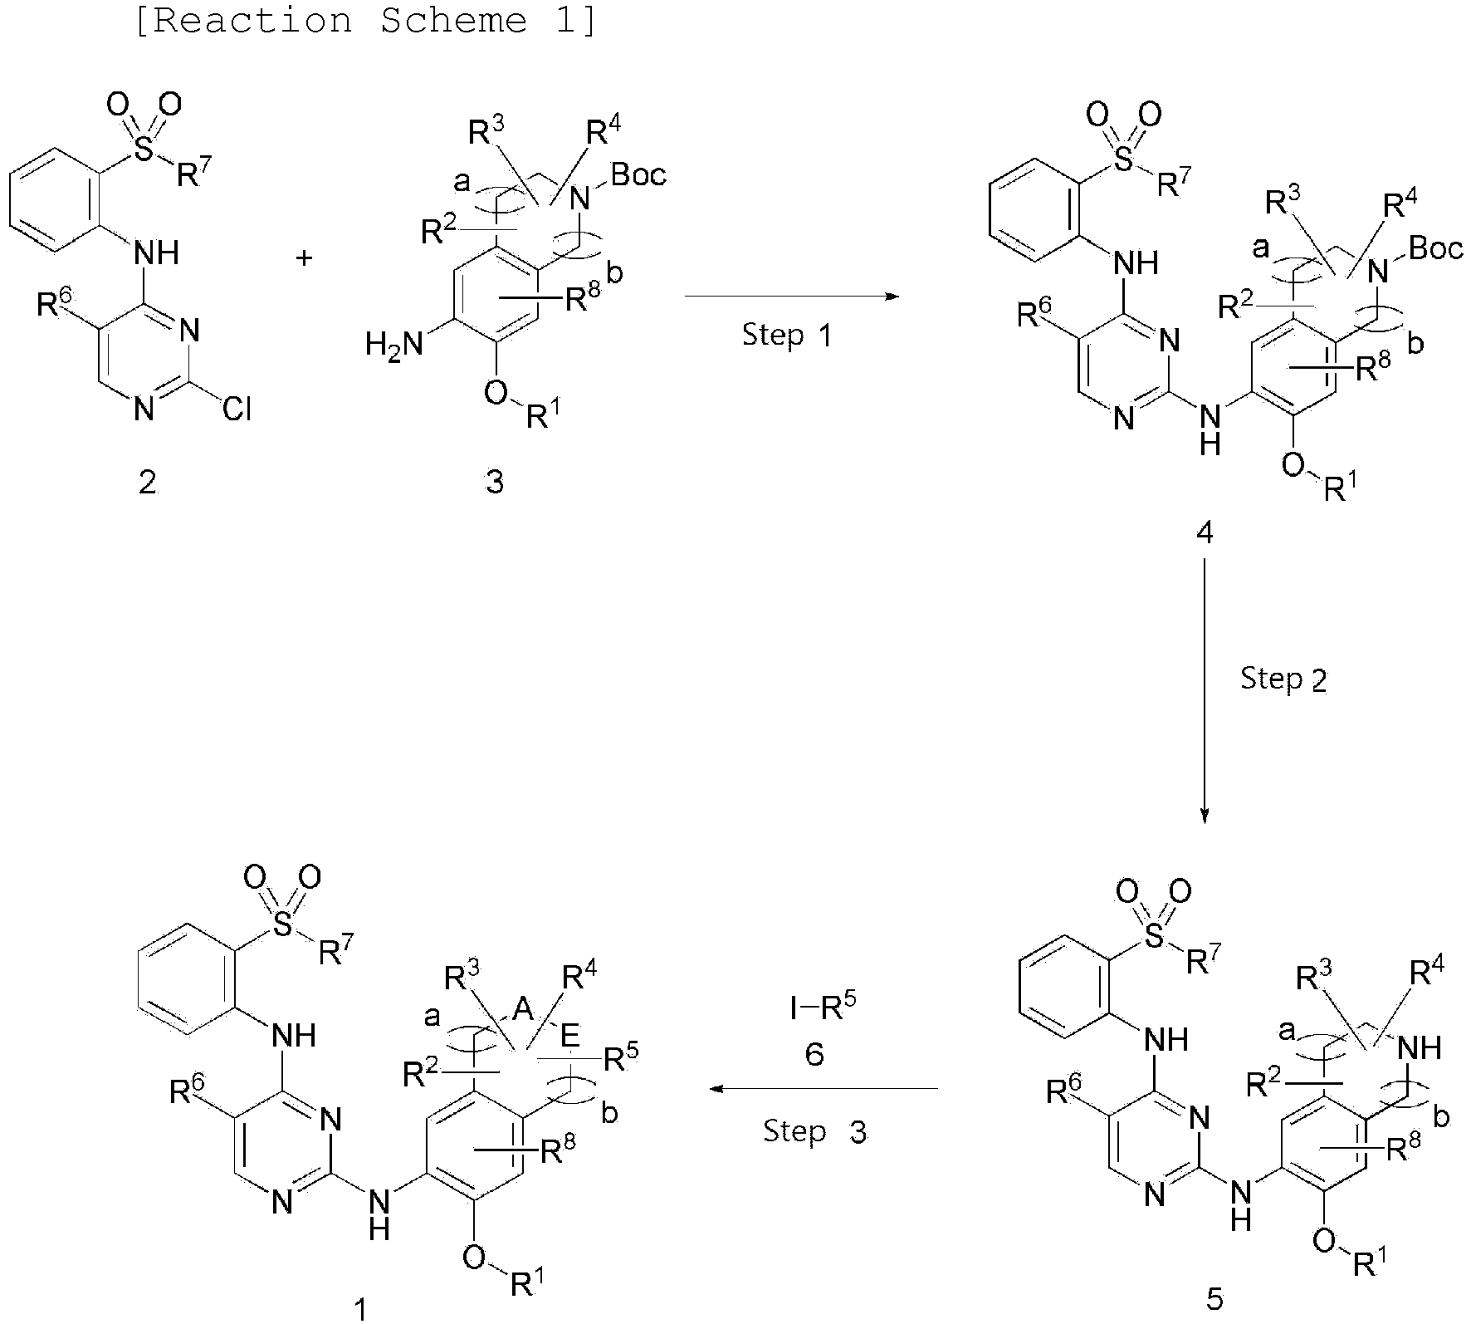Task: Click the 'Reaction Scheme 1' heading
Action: pos(364,20)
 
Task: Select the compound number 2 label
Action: pos(148,483)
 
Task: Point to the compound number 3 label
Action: pos(495,483)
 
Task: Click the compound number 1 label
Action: pos(359,1310)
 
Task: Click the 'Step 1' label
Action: pos(786,336)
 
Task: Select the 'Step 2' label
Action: pos(1283,679)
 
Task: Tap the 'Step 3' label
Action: pos(814,1131)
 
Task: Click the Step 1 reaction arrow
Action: pos(793,296)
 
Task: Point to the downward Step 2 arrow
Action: pos(1205,692)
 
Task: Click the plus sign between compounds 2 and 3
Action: pos(305,259)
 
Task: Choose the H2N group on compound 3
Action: pos(394,343)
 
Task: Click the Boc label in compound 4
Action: pos(1435,248)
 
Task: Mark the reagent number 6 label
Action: pos(814,1055)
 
